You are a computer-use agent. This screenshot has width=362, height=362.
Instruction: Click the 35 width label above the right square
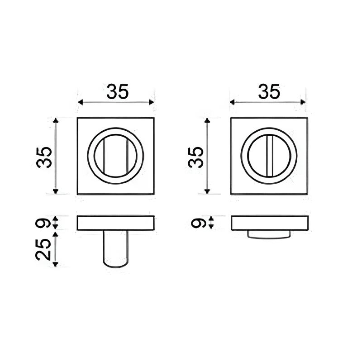(269, 92)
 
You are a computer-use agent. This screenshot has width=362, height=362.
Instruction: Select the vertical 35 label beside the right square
(196, 157)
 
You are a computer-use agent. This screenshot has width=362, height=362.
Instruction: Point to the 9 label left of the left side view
(44, 222)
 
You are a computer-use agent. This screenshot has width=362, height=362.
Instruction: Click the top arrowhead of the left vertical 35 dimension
(56, 120)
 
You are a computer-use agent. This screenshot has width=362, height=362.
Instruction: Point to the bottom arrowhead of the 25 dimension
(56, 264)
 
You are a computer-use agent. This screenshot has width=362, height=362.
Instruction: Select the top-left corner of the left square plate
(78, 118)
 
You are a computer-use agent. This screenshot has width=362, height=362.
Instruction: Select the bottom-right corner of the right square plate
(308, 194)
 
